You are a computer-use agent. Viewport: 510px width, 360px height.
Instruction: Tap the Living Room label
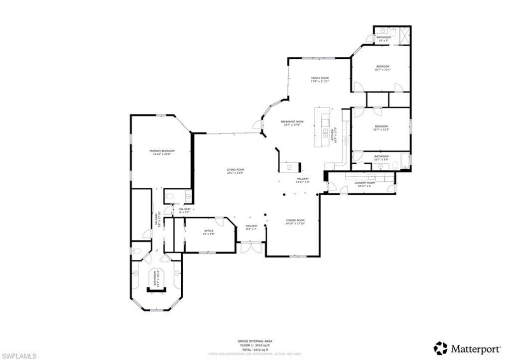click(x=235, y=170)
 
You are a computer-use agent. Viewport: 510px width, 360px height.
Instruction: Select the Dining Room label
click(x=295, y=220)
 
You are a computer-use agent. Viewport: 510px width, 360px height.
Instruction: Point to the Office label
click(x=209, y=231)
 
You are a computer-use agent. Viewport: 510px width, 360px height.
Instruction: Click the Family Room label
click(x=320, y=78)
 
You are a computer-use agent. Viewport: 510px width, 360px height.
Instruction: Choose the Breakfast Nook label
click(x=292, y=121)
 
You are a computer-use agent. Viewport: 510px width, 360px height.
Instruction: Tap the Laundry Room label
click(x=365, y=183)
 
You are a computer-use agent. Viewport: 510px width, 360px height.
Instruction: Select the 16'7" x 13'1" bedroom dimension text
click(x=382, y=70)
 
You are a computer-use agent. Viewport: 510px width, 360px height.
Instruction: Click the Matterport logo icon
click(x=440, y=348)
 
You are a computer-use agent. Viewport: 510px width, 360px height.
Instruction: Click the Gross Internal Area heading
click(x=255, y=341)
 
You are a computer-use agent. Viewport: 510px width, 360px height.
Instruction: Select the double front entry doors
click(x=251, y=247)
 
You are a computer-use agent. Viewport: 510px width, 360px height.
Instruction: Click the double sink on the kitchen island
click(x=326, y=132)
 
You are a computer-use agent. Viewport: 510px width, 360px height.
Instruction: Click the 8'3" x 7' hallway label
click(x=251, y=228)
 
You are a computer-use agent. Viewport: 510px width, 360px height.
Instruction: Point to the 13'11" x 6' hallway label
click(x=303, y=180)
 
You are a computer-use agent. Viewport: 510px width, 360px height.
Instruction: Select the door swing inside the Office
click(x=219, y=223)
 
